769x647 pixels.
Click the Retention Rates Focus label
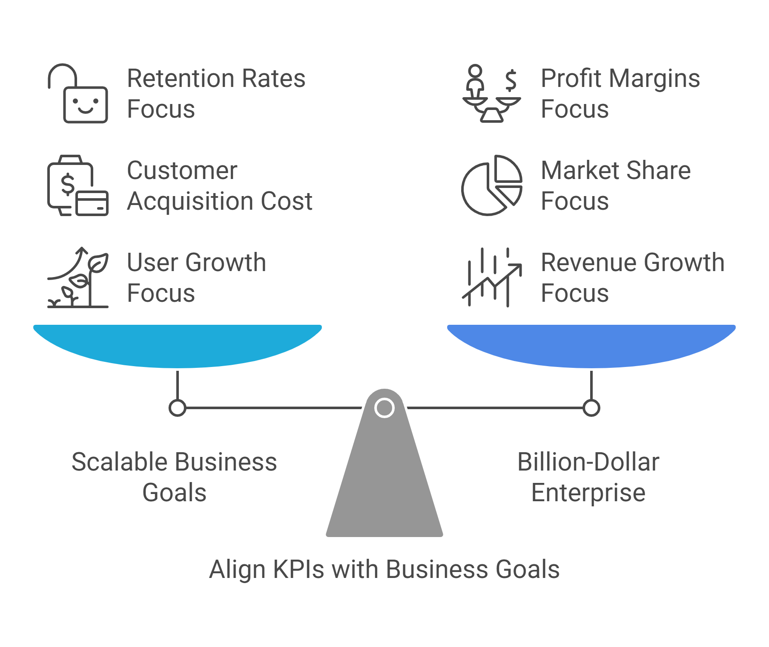tap(216, 93)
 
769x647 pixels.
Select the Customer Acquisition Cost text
tap(219, 185)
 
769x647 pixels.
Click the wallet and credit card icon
tap(78, 186)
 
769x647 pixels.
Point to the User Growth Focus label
tap(196, 277)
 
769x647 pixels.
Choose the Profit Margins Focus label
tap(620, 93)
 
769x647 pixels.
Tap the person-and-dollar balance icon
tap(492, 94)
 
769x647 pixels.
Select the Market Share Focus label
tap(615, 185)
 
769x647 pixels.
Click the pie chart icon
tap(492, 185)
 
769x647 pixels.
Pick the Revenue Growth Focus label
tap(632, 277)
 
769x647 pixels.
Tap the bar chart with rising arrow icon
tap(492, 277)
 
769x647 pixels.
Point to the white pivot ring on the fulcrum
tap(384, 408)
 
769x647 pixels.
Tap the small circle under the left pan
tap(177, 408)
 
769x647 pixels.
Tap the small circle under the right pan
tap(591, 408)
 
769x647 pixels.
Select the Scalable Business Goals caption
tap(174, 477)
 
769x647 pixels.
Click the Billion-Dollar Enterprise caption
tap(588, 477)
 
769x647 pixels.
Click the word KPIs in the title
tap(298, 569)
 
